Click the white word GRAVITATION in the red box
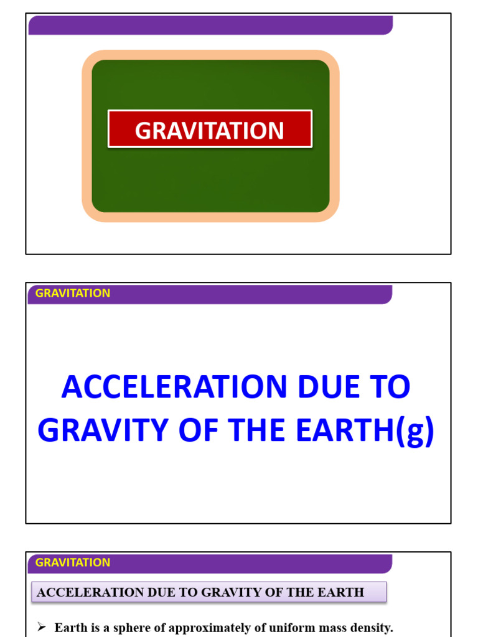210,131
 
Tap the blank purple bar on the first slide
210,25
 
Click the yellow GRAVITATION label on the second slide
73,293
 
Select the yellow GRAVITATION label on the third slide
73,562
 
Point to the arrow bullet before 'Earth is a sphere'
42,627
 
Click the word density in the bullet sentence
370,628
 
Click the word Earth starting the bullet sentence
69,628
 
